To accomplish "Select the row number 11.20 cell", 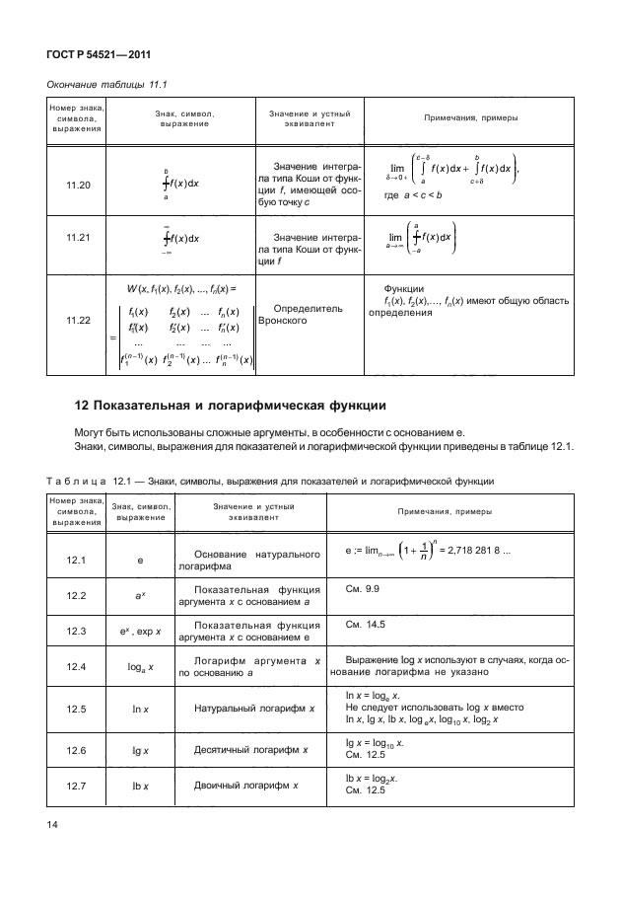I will tap(78, 185).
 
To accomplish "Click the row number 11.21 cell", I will tap(78, 238).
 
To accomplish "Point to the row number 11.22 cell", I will tap(78, 321).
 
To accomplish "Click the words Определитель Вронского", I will tap(305, 315).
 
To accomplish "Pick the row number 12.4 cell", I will tap(78, 668).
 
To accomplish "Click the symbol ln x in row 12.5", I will tap(141, 708).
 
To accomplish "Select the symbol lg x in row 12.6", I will tap(141, 750).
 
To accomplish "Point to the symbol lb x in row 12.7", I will tap(141, 785).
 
